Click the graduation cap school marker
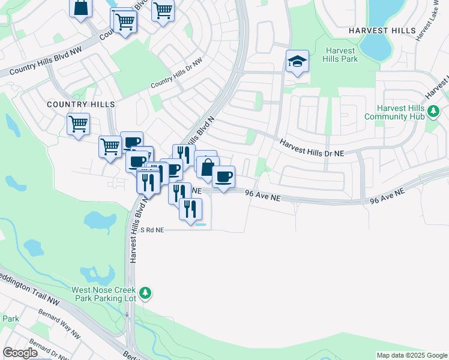click(x=297, y=62)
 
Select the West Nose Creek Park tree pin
click(x=145, y=293)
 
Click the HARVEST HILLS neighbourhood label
click(x=382, y=30)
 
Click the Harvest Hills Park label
click(x=341, y=55)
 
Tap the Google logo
click(x=20, y=353)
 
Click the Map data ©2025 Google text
click(x=412, y=355)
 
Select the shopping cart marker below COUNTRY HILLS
click(x=78, y=125)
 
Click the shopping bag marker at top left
click(x=81, y=8)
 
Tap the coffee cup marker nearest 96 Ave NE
click(x=223, y=177)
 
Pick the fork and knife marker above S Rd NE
click(x=190, y=209)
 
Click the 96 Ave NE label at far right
click(x=388, y=196)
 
